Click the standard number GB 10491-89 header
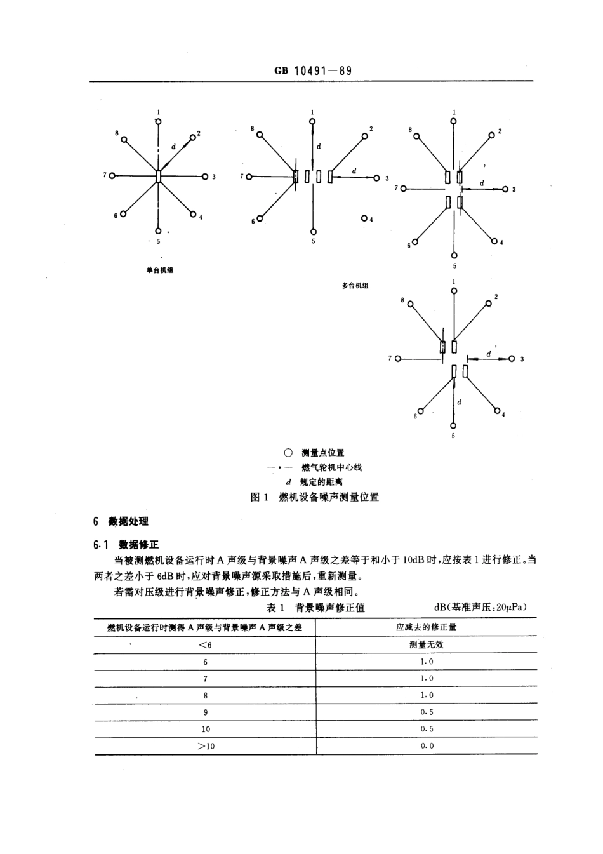click(x=313, y=70)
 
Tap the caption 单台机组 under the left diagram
click(x=159, y=270)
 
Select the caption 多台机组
click(x=355, y=286)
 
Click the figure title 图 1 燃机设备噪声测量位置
click(x=315, y=497)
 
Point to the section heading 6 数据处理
click(x=121, y=521)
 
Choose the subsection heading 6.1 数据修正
click(x=125, y=544)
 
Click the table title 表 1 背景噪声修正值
click(x=315, y=608)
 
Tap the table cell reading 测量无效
click(x=427, y=644)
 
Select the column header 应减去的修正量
click(x=427, y=627)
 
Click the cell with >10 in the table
click(x=206, y=746)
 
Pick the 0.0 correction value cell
click(x=427, y=746)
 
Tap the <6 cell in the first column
click(x=205, y=644)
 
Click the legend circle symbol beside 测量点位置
click(x=288, y=453)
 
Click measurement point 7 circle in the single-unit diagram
click(x=112, y=175)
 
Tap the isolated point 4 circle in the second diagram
click(x=364, y=218)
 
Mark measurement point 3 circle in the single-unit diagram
click(x=205, y=177)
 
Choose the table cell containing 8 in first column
click(x=206, y=695)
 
